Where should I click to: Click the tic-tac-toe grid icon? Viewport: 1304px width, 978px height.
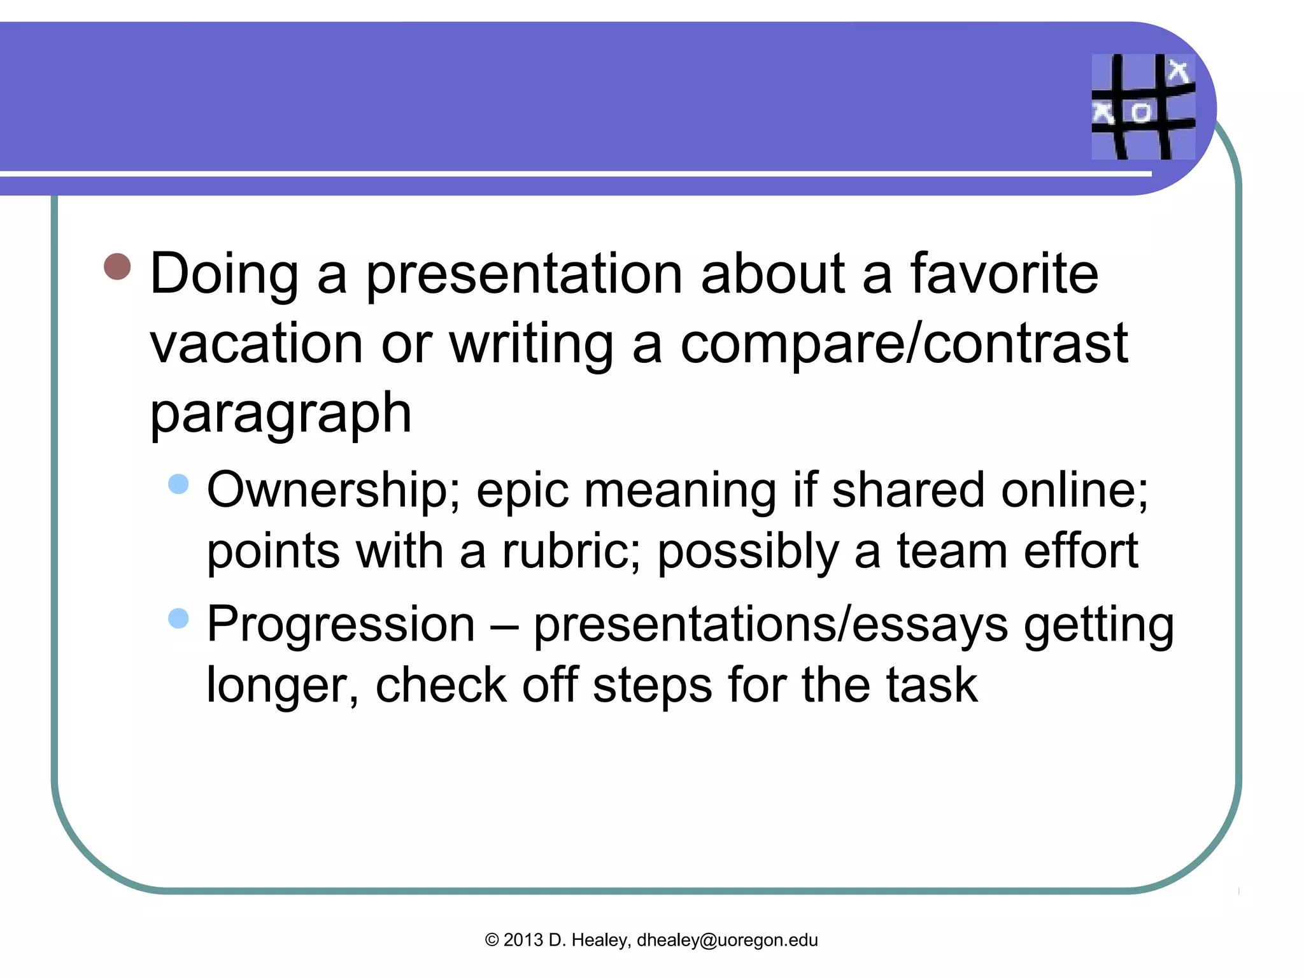[1143, 106]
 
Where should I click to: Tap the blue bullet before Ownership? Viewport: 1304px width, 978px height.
[179, 484]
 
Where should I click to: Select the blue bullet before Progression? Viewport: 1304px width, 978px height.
[179, 618]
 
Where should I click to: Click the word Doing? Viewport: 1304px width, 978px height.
[224, 275]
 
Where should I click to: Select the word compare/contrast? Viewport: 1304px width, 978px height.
[904, 344]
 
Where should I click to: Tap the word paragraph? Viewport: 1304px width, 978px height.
[280, 414]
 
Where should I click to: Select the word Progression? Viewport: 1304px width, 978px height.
[341, 624]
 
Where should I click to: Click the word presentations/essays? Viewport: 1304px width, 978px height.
[770, 624]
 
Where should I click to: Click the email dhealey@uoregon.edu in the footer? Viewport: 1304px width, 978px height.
[727, 940]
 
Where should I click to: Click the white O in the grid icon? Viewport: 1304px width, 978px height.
[1141, 113]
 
